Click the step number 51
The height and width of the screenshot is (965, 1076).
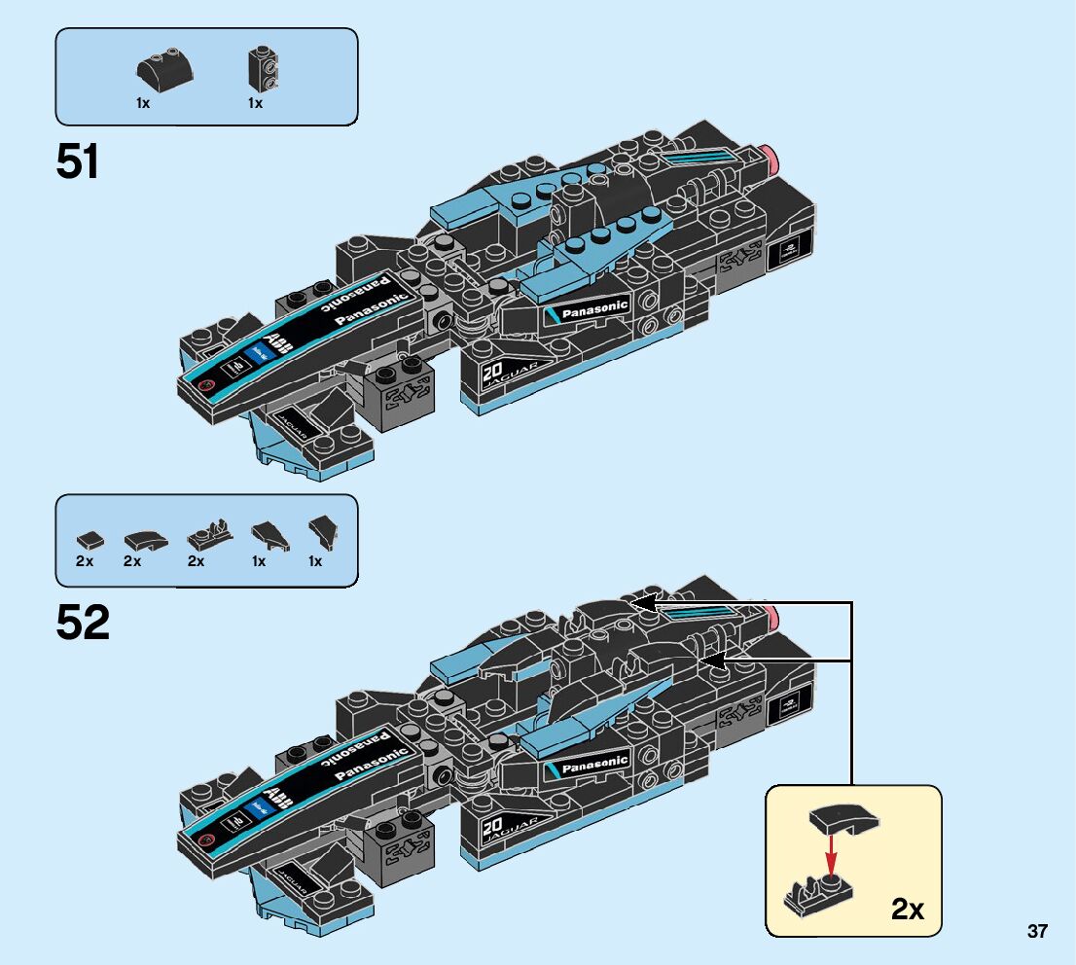(78, 161)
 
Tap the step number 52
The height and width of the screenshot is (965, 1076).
(83, 624)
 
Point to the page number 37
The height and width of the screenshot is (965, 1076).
(1037, 932)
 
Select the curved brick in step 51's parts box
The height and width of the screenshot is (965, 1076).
(162, 69)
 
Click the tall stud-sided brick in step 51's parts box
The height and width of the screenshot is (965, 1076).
(261, 68)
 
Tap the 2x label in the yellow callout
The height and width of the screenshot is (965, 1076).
(907, 910)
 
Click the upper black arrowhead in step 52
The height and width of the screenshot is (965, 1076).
(640, 604)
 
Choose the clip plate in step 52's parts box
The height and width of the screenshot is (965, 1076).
(208, 534)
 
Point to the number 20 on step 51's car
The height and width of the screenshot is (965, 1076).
(490, 372)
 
